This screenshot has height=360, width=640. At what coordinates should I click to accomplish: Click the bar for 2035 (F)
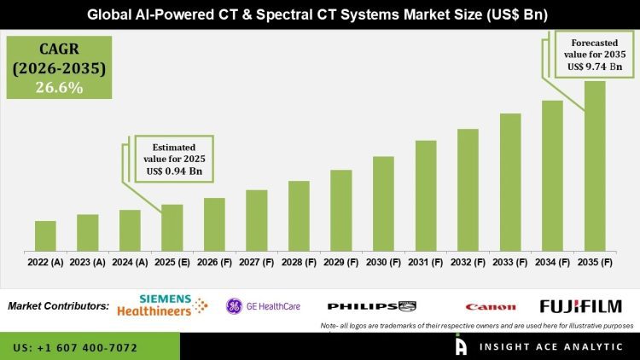[x=594, y=165]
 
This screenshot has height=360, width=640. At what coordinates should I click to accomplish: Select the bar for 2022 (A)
[x=45, y=235]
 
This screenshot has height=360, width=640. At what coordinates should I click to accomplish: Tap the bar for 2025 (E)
[x=172, y=227]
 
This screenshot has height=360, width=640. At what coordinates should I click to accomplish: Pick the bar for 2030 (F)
[x=383, y=203]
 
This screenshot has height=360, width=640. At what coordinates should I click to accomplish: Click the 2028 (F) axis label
[x=299, y=263]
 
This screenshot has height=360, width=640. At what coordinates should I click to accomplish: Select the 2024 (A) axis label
[x=130, y=263]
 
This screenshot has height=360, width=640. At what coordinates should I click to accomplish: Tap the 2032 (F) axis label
[x=468, y=263]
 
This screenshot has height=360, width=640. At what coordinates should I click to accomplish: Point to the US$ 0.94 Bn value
[x=174, y=171]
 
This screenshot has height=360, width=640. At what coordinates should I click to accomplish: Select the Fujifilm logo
[x=580, y=306]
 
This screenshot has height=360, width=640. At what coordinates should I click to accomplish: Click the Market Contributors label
[x=58, y=306]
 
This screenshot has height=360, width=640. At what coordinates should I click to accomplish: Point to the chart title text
[x=320, y=15]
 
